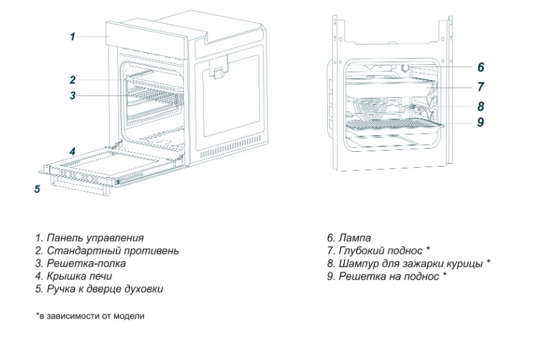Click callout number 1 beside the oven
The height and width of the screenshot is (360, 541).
[x=72, y=37]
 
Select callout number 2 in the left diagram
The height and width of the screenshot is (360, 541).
[x=73, y=80]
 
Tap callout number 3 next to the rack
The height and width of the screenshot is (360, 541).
[x=73, y=96]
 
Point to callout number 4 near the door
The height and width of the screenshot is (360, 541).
[x=73, y=152]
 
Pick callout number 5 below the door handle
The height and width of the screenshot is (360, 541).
[x=37, y=189]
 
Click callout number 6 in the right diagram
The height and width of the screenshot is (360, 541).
[x=481, y=67]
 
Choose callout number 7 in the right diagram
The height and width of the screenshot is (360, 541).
[x=481, y=87]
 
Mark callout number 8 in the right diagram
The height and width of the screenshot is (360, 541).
[x=481, y=106]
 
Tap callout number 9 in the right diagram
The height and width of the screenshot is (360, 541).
[x=481, y=122]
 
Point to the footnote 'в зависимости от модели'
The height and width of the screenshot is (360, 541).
[x=90, y=316]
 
